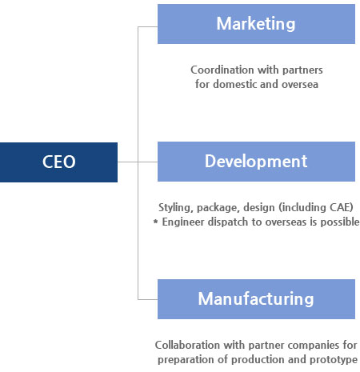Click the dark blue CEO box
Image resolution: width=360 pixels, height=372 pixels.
58,162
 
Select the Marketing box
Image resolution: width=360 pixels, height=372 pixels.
256,24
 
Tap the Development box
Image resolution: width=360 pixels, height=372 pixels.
256,162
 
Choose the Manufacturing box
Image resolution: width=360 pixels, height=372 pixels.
256,299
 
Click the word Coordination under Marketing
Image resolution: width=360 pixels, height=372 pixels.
222,70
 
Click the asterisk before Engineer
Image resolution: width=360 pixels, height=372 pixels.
156,222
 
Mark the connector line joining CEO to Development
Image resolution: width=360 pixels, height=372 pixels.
138,162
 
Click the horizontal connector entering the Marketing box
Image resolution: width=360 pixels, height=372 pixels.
148,26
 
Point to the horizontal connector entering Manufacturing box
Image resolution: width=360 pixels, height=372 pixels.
148,299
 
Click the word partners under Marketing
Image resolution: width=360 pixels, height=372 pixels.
302,70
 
